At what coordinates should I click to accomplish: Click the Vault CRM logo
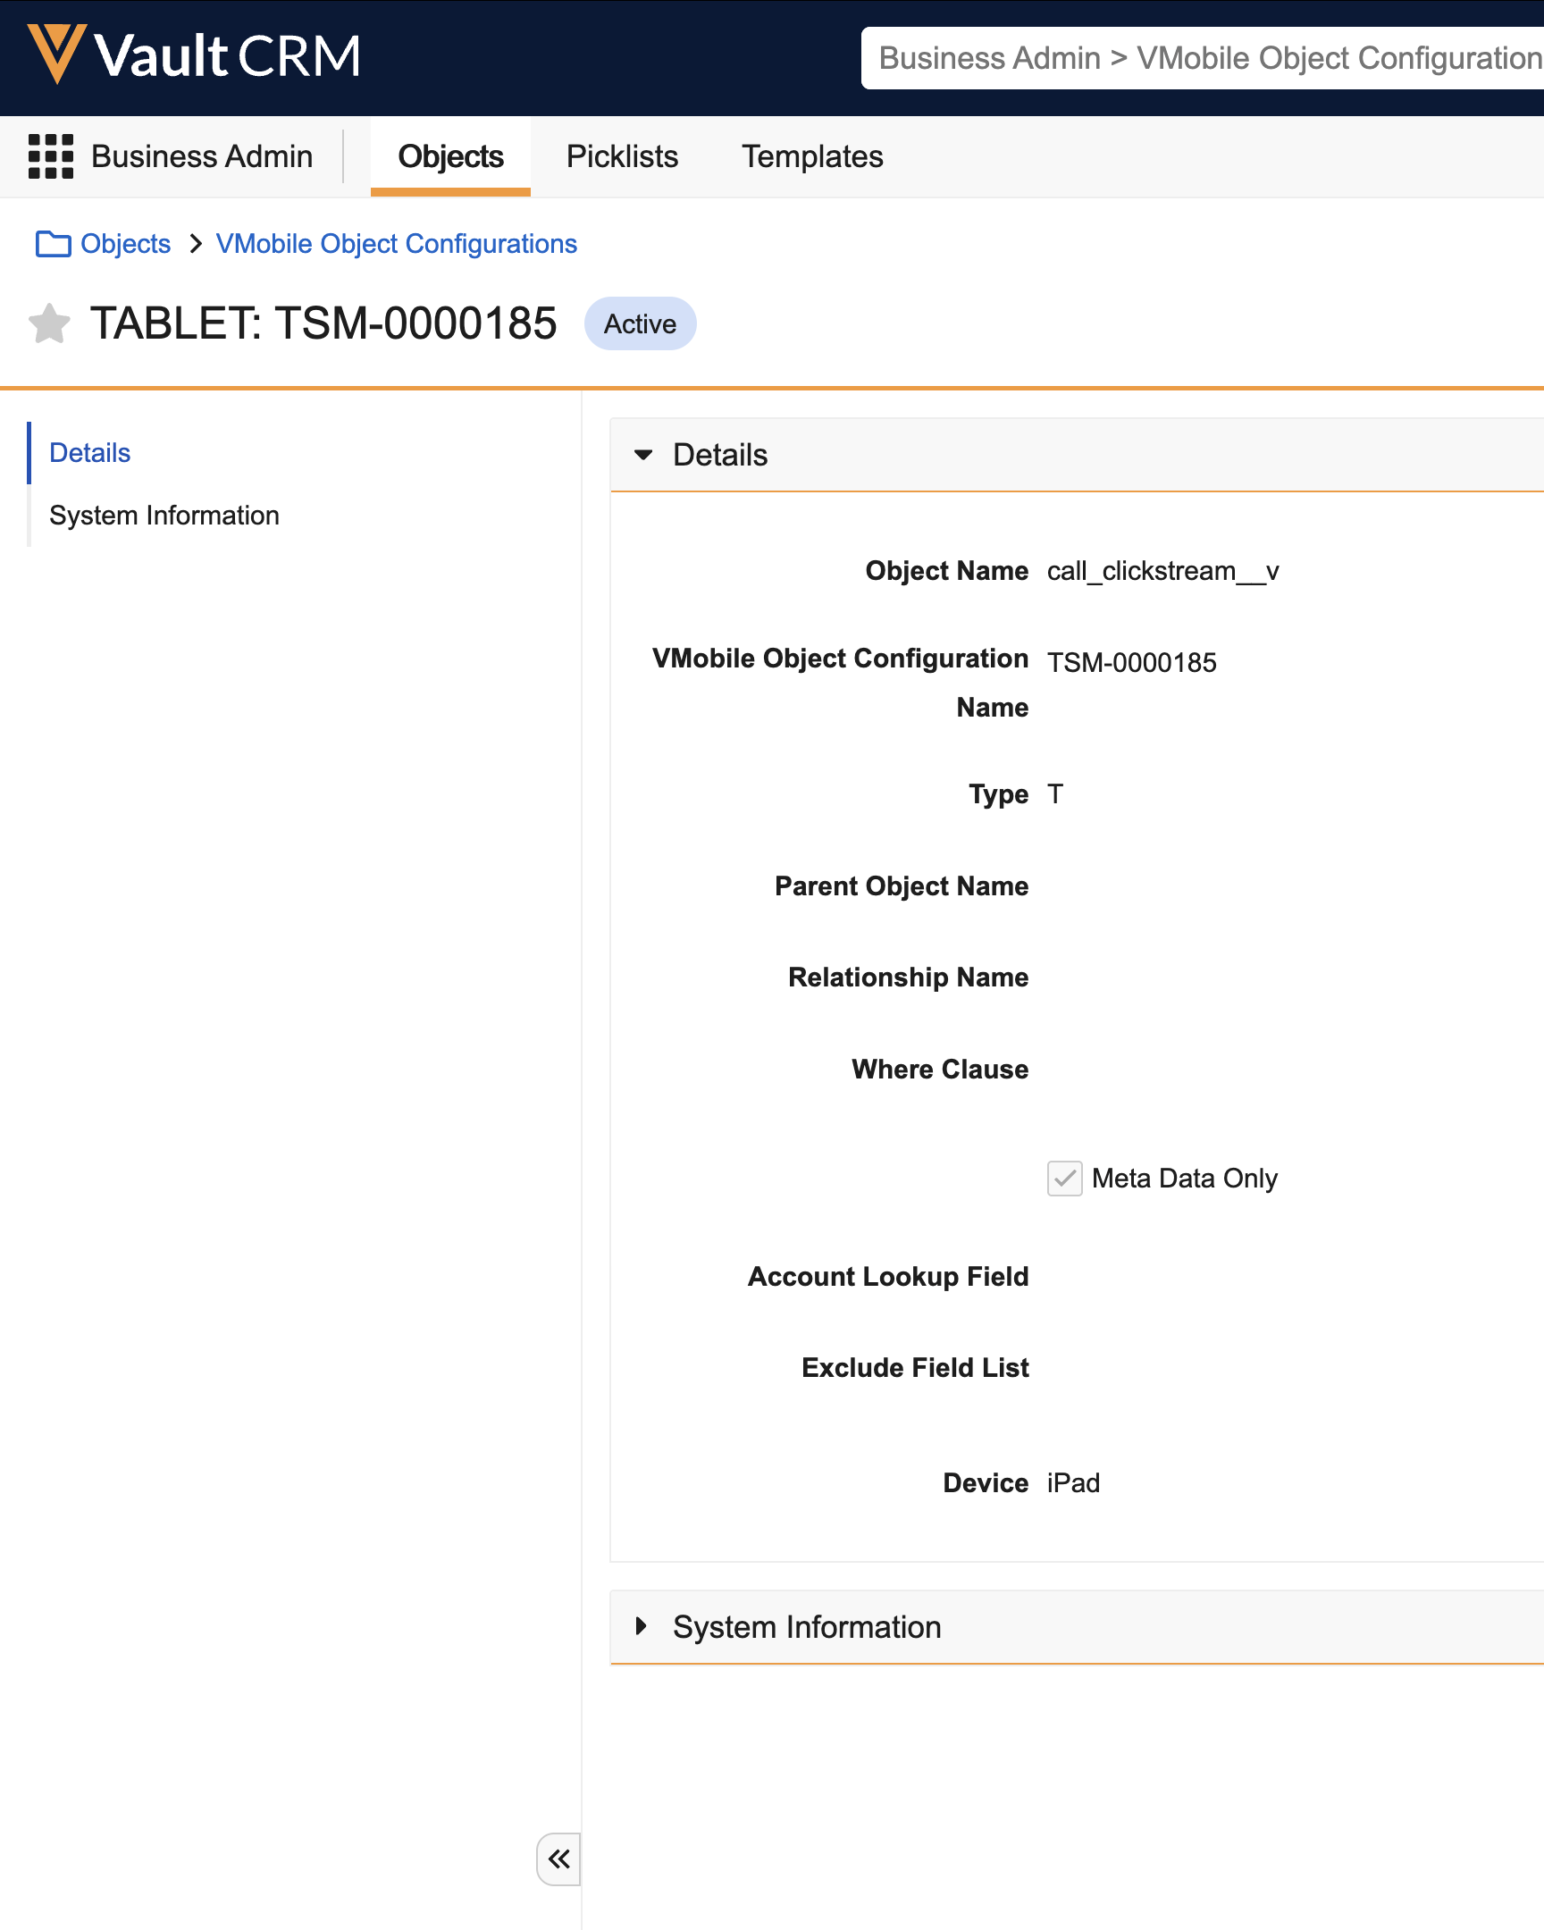click(x=194, y=55)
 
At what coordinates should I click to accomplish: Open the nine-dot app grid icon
click(x=51, y=156)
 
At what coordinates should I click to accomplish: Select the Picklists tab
click(x=622, y=156)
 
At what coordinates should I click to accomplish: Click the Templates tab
click(x=812, y=156)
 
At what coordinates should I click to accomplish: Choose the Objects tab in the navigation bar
click(x=450, y=156)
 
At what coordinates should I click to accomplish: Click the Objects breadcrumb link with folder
click(x=103, y=244)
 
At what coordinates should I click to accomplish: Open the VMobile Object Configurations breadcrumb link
click(x=397, y=244)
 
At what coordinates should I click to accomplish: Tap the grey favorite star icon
click(x=49, y=323)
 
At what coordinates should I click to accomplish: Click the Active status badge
click(x=640, y=323)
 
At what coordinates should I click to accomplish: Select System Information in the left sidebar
click(x=164, y=516)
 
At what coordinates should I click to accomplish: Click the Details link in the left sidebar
click(x=89, y=453)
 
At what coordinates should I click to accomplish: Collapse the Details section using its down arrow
click(x=642, y=455)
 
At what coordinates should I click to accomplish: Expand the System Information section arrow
click(x=641, y=1625)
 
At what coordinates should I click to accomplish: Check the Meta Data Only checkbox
click(x=1064, y=1178)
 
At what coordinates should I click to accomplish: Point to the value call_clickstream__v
click(x=1162, y=571)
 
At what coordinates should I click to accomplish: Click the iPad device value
click(x=1073, y=1482)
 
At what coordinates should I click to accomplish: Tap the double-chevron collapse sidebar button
click(x=558, y=1859)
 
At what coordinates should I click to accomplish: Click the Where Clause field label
click(x=940, y=1069)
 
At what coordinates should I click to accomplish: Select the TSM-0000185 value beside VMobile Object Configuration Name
click(x=1131, y=662)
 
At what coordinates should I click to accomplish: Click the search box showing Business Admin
click(x=1202, y=58)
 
